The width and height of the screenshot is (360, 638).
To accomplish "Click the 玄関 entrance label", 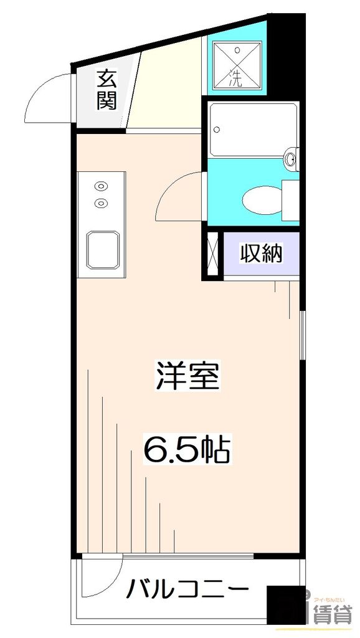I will tap(106, 90).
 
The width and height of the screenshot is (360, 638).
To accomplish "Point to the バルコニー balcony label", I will tap(188, 588).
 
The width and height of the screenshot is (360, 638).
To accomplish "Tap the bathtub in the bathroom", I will tap(252, 130).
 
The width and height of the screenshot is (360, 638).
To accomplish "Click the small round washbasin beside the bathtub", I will tap(290, 159).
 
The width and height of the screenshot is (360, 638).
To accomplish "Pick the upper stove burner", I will tap(100, 185).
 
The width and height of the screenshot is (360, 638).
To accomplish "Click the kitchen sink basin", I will tap(103, 249).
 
